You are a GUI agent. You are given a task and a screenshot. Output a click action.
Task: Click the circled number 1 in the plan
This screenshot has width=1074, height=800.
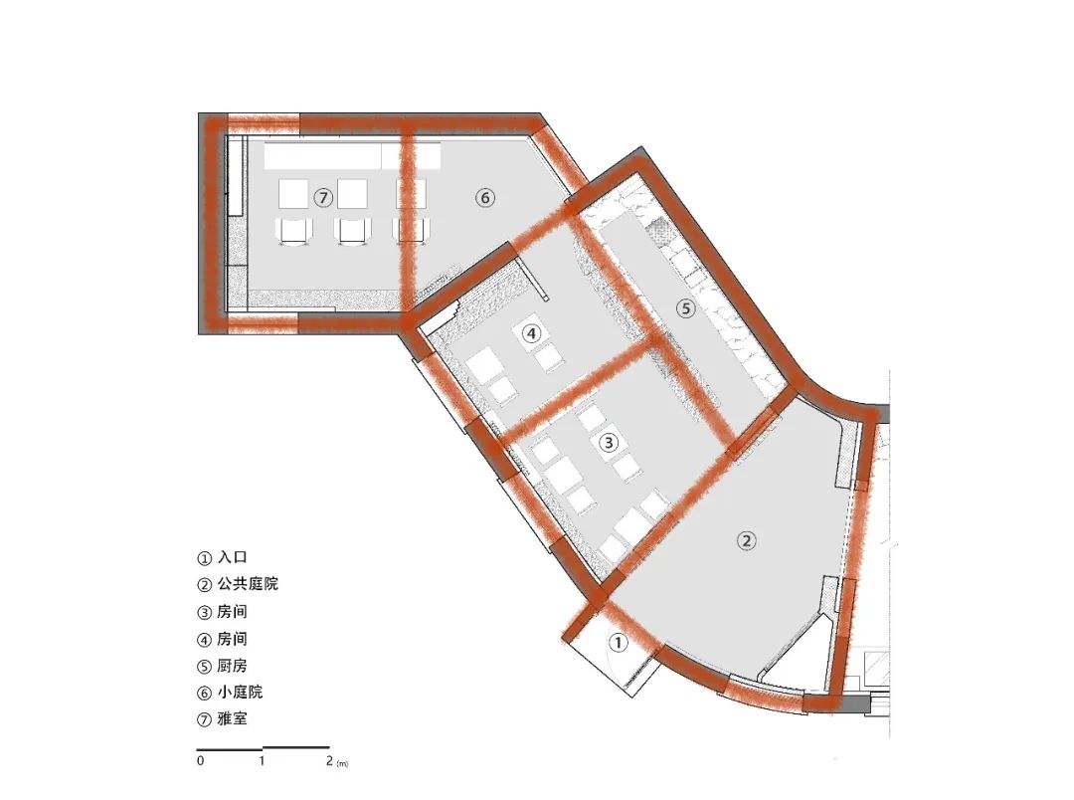(x=618, y=643)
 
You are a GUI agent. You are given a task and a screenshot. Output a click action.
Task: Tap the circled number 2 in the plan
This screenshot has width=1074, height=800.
(x=746, y=540)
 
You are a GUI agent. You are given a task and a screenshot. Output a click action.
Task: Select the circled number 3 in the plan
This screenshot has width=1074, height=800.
(x=609, y=443)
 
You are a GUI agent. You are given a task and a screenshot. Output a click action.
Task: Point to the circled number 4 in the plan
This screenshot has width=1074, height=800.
(x=531, y=334)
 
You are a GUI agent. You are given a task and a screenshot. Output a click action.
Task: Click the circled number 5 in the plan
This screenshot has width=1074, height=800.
(x=685, y=309)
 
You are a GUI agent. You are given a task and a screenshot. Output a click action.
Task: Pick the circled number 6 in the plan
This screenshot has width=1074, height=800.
(x=484, y=198)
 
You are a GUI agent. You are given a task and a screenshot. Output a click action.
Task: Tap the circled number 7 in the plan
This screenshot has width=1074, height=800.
(x=323, y=198)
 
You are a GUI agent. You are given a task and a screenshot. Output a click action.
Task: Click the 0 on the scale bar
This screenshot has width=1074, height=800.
(x=200, y=760)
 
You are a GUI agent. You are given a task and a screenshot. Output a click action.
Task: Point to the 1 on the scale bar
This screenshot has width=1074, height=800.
(x=262, y=760)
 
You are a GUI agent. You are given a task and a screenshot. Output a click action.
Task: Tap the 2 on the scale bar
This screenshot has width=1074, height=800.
(x=329, y=760)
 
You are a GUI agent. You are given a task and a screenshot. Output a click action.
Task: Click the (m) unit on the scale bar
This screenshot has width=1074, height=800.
(x=342, y=763)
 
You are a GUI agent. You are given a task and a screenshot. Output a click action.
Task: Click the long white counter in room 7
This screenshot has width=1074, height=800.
(x=352, y=155)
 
